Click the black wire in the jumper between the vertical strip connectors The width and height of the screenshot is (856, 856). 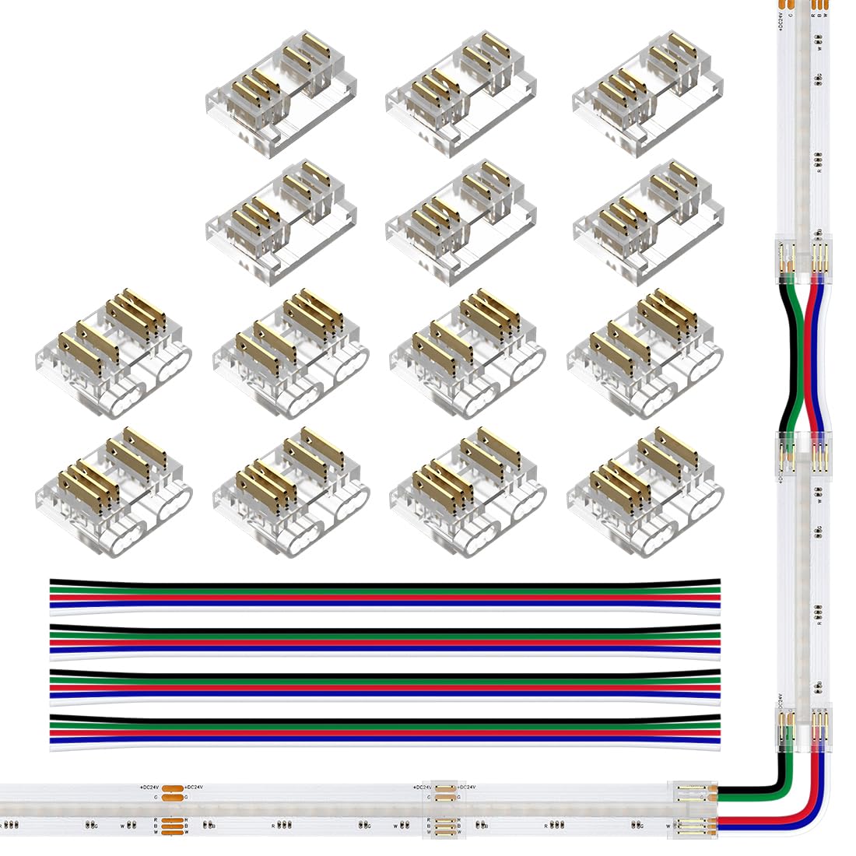click(x=788, y=350)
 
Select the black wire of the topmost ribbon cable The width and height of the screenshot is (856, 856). click(x=385, y=581)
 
